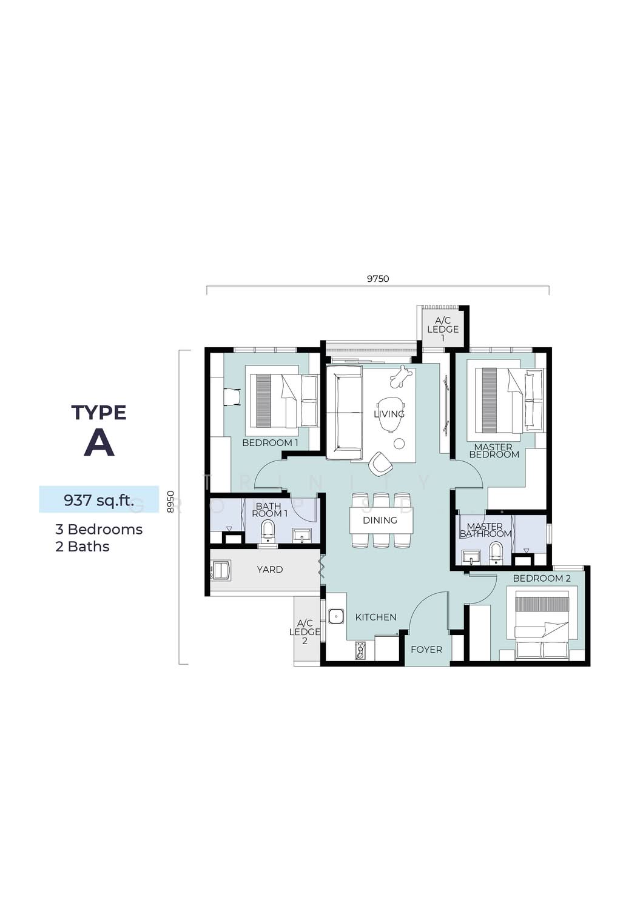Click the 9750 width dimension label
pos(378,279)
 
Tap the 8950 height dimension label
pos(170,502)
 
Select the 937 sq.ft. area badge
pos(99,499)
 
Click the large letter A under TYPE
pos(99,443)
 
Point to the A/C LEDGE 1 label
pos(443,329)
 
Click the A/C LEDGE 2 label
pos(305,632)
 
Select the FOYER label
pos(426,649)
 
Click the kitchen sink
pos(336,617)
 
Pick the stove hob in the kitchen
pos(360,650)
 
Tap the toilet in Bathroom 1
pos(268,531)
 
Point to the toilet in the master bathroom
pos(496,553)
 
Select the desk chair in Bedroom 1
pos(232,396)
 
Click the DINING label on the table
pos(380,520)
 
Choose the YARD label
pos(270,570)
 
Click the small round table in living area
pos(399,444)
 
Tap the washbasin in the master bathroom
pos(471,557)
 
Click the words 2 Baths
pos(82,547)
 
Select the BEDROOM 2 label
pos(542,578)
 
